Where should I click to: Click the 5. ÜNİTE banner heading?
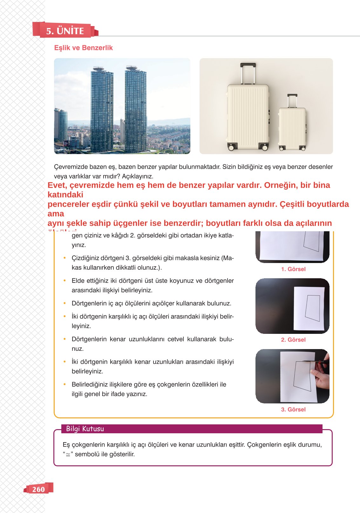click(x=65, y=31)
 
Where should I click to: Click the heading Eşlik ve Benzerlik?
click(x=83, y=48)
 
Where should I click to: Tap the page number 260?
click(x=38, y=489)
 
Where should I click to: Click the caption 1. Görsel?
click(x=293, y=269)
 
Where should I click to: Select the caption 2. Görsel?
click(x=293, y=340)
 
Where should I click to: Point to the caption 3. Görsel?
click(x=293, y=409)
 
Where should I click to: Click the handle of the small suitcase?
click(x=292, y=96)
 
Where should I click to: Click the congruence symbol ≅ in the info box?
click(x=68, y=455)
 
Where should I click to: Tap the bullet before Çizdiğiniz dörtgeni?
click(x=65, y=258)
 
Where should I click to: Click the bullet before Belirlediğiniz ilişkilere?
click(x=65, y=384)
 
